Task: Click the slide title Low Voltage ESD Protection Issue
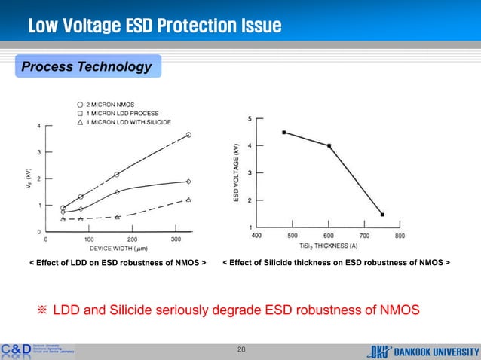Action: point(155,27)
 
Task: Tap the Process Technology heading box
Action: point(85,67)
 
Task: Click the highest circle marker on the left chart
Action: point(188,135)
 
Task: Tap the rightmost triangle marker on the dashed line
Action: point(188,200)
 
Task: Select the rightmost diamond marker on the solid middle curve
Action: point(188,182)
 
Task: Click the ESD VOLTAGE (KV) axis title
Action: point(237,172)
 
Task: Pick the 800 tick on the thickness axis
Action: point(400,236)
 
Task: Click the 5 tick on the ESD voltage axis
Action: point(250,118)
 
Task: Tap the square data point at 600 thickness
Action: point(329,145)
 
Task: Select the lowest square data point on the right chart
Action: point(382,215)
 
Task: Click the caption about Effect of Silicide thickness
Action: point(336,264)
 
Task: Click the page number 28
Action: point(241,349)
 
